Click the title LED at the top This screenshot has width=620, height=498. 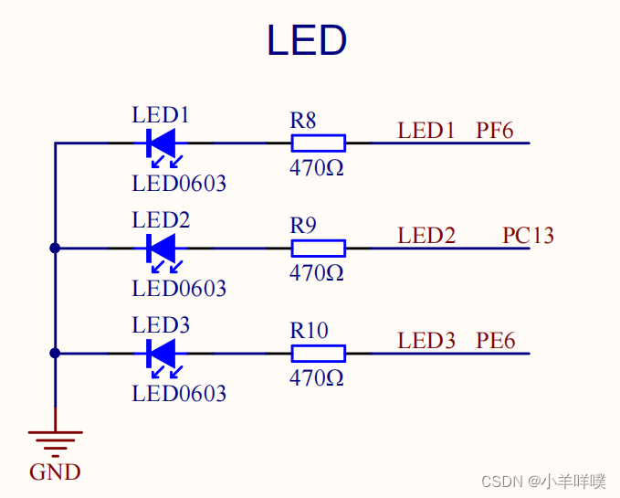(x=307, y=41)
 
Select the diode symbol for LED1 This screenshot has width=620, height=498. (x=161, y=143)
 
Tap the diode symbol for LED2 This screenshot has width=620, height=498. (x=161, y=248)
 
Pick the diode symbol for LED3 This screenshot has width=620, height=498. (x=161, y=353)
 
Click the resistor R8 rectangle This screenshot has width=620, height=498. (x=318, y=143)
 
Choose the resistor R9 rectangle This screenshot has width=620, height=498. (x=318, y=248)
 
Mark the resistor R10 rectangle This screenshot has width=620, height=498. (x=318, y=353)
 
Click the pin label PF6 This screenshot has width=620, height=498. (x=494, y=131)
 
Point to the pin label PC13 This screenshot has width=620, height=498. (x=528, y=236)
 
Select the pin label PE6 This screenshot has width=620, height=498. (x=495, y=341)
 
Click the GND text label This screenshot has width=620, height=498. (x=55, y=472)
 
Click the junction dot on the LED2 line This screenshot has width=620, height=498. (x=55, y=248)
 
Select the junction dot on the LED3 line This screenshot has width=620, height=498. (x=55, y=353)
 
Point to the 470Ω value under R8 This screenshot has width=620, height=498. (x=317, y=168)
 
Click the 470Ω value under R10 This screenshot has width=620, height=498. (x=317, y=377)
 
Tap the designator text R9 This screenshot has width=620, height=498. (x=304, y=225)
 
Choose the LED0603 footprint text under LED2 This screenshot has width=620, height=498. (x=179, y=289)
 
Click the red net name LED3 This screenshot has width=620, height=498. (x=426, y=341)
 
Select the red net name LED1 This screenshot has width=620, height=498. (x=426, y=131)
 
